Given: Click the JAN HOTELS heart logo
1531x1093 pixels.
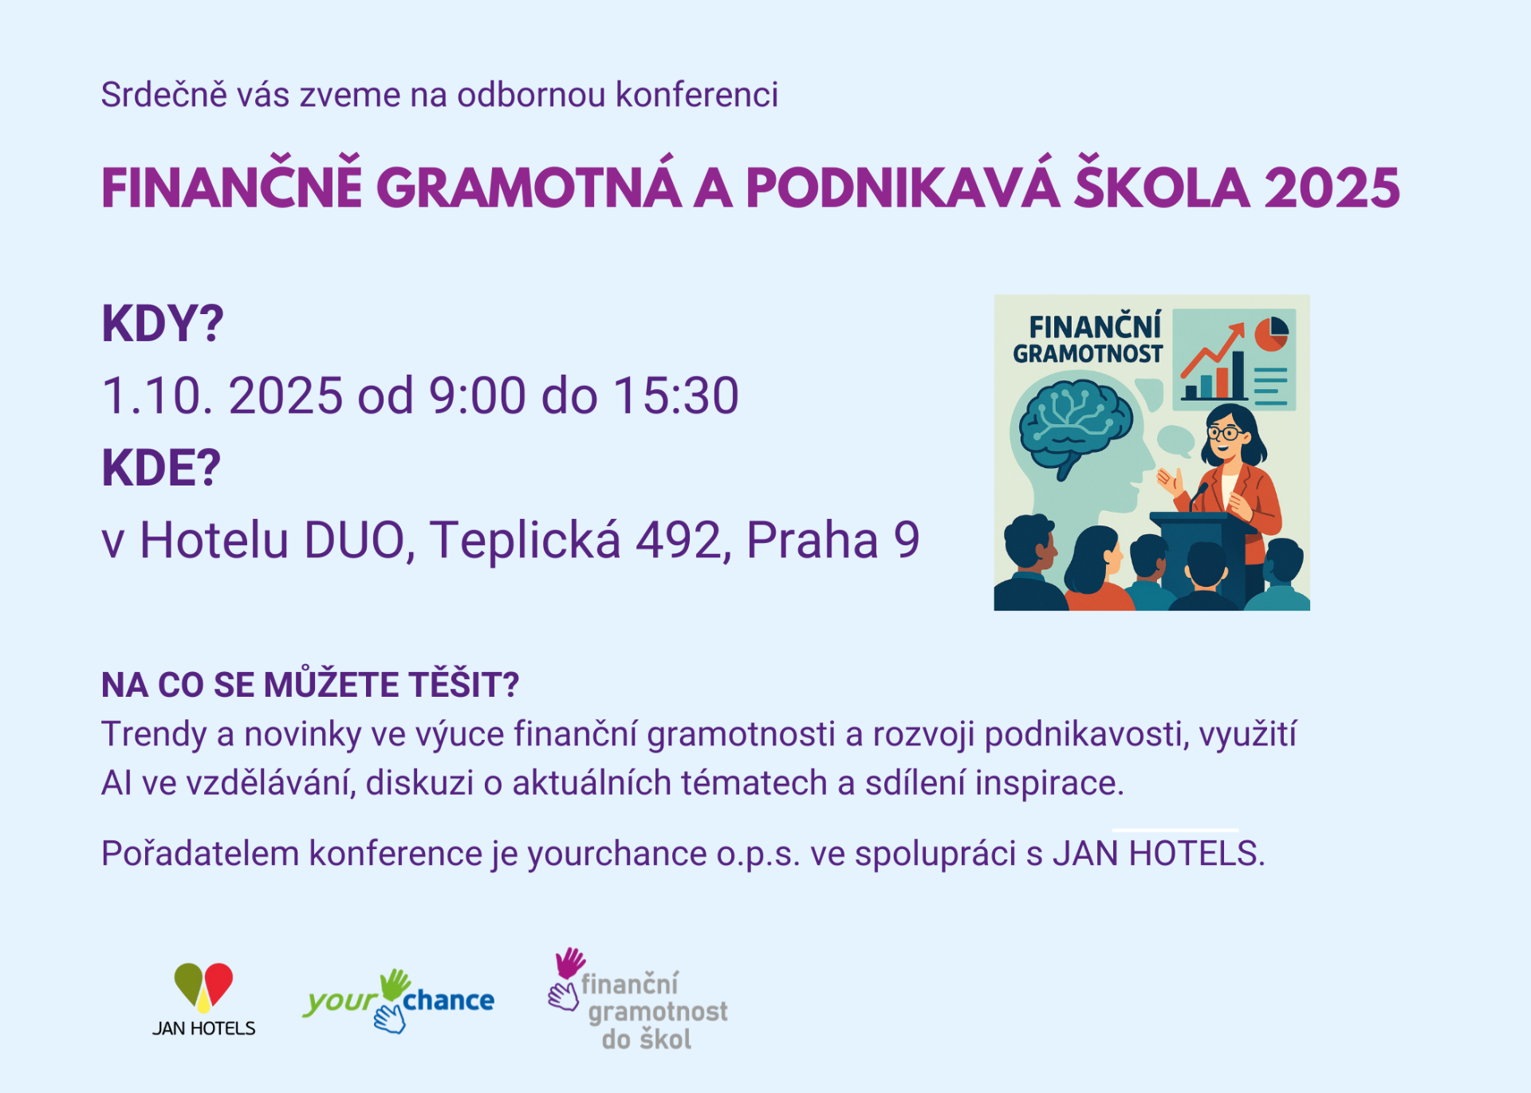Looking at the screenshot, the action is [204, 999].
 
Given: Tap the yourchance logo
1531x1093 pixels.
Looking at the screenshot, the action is [398, 1001].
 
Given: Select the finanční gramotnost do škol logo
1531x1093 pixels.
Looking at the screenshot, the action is [638, 1000].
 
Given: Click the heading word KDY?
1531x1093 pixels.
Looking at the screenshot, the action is [163, 324].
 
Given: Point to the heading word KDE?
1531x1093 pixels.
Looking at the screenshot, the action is [161, 468].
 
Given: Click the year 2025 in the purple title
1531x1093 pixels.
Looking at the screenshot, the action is [1332, 188].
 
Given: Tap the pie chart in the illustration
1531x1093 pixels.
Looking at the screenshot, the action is [1271, 333].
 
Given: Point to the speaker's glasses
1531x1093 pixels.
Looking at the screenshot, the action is [1224, 434].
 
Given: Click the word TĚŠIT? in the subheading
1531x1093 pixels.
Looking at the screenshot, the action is [464, 685].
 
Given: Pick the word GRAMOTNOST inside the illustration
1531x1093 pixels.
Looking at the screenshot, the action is [1088, 354].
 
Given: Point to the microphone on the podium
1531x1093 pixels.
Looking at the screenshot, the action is [1197, 495].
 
